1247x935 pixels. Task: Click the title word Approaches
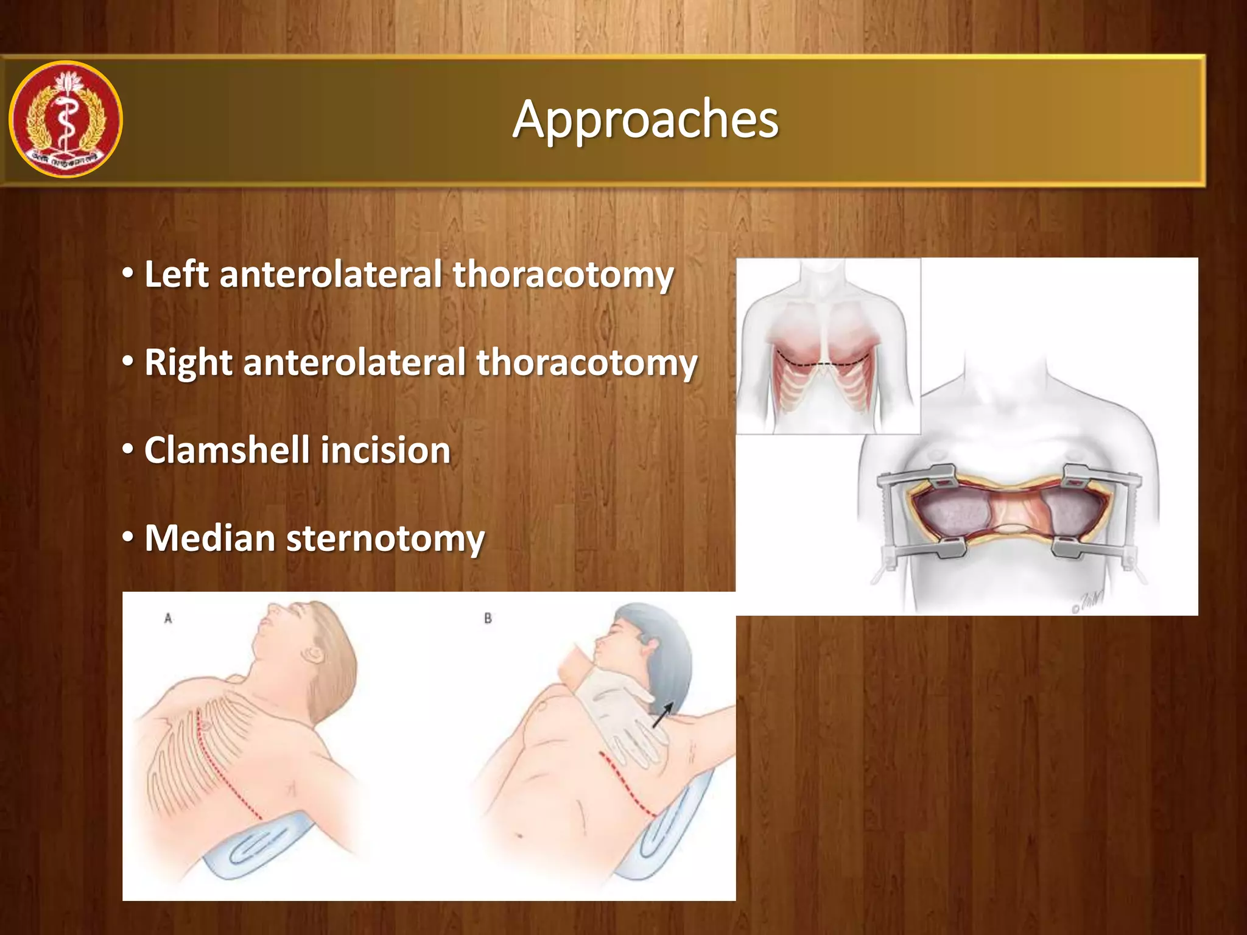[645, 119]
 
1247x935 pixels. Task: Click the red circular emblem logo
[66, 119]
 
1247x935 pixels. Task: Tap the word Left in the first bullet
[177, 275]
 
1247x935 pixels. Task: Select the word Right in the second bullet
[188, 363]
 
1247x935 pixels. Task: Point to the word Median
[210, 539]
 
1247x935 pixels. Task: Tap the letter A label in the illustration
[168, 618]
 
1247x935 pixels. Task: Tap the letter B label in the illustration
[488, 618]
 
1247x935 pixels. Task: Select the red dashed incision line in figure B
[627, 785]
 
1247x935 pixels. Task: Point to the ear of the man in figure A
[315, 655]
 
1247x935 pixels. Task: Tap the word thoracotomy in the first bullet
[563, 275]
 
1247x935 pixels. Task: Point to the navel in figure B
[519, 835]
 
